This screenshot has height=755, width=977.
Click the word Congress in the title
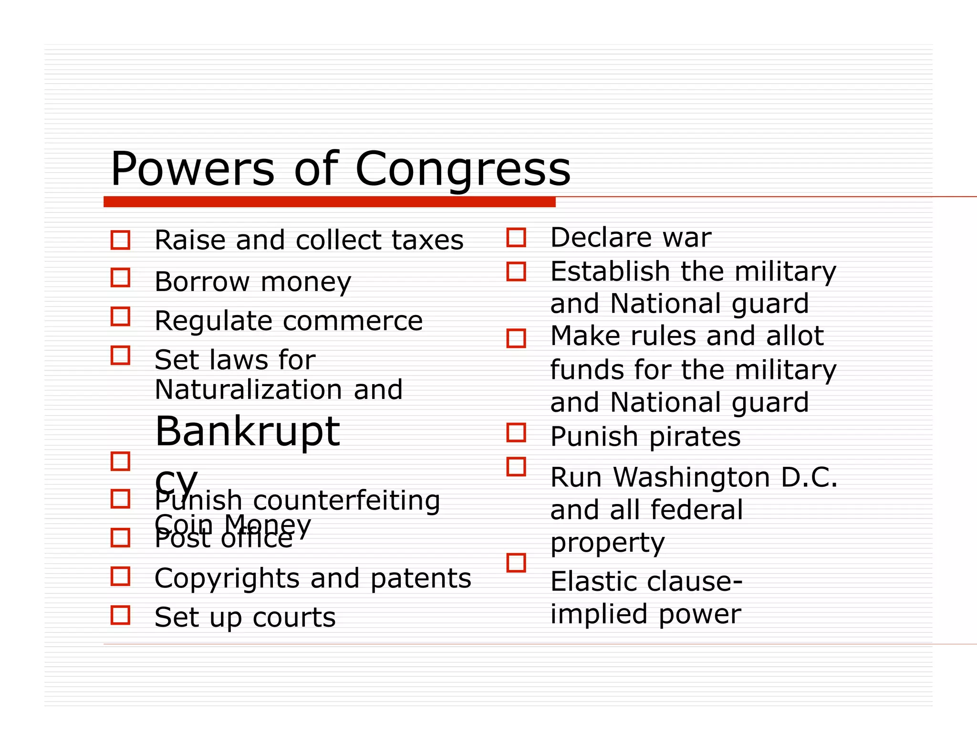tap(463, 169)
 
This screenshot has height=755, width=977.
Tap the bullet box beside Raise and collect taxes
tap(120, 240)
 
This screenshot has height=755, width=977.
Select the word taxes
tap(427, 240)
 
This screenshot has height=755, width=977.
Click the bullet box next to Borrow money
tap(120, 277)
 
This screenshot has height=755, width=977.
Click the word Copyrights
tap(227, 579)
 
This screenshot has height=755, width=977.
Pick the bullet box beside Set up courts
tap(120, 615)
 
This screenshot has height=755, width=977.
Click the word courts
tap(294, 618)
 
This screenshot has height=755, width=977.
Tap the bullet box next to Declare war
tap(516, 237)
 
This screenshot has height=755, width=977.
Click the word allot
tap(795, 336)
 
